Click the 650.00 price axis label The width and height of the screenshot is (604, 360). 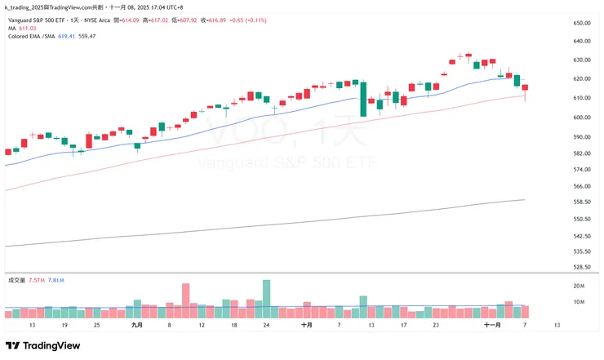point(581,24)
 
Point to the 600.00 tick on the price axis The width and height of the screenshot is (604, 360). point(581,117)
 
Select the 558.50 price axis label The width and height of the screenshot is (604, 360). point(581,202)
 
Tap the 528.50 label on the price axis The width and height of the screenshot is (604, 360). point(581,266)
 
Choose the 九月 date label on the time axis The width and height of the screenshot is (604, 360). point(137,325)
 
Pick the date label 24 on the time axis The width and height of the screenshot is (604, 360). point(266,325)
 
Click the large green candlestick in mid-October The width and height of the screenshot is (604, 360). point(362,99)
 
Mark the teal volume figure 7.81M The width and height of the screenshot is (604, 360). point(56,280)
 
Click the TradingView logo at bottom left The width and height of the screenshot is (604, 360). point(39,345)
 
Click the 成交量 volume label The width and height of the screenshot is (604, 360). point(16,280)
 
